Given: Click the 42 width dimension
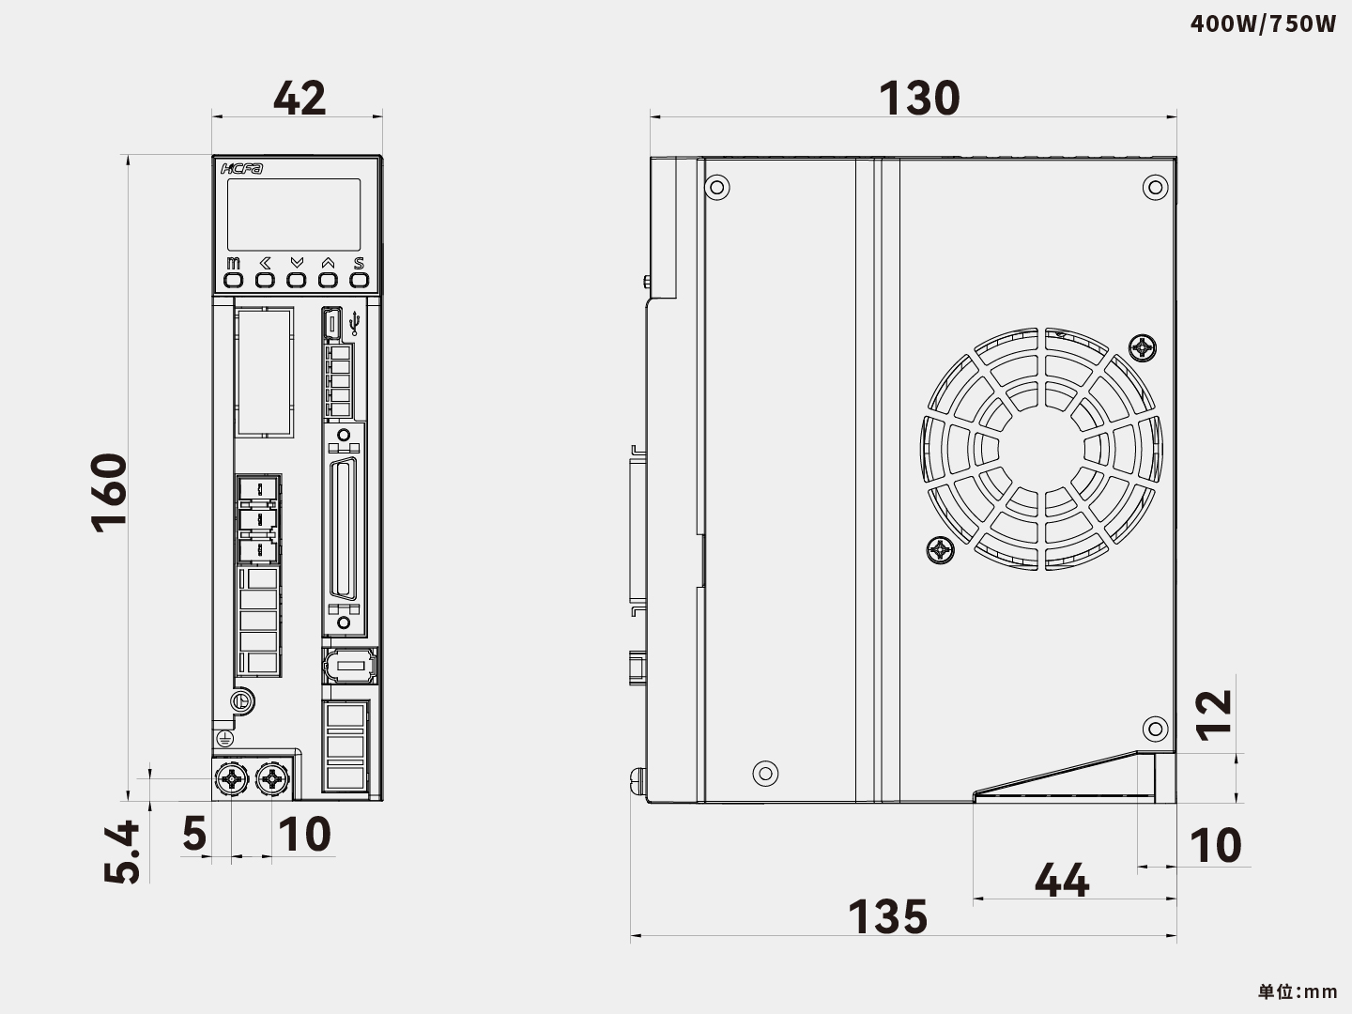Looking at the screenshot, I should pyautogui.click(x=300, y=98).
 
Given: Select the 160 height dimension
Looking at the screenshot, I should pyautogui.click(x=109, y=492).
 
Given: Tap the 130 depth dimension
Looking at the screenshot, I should pyautogui.click(x=919, y=98).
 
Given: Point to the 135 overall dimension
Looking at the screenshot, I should pyautogui.click(x=887, y=916).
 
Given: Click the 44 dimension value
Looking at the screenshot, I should pyautogui.click(x=1062, y=881).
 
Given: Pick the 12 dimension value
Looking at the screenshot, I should pyautogui.click(x=1215, y=714).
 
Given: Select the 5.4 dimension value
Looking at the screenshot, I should pyautogui.click(x=123, y=852).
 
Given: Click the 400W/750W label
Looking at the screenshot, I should pyautogui.click(x=1263, y=23).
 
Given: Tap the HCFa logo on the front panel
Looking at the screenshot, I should pyautogui.click(x=242, y=169).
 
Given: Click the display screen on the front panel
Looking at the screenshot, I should pyautogui.click(x=294, y=215).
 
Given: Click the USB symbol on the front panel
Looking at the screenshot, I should pyautogui.click(x=354, y=324).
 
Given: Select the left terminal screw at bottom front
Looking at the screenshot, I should pyautogui.click(x=231, y=778).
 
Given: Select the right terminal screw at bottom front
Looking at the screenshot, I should pyautogui.click(x=272, y=778).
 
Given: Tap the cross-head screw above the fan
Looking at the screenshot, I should pyautogui.click(x=1143, y=349).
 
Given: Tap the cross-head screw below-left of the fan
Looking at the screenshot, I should pyautogui.click(x=940, y=550).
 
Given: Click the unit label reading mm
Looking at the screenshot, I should pyautogui.click(x=1298, y=991).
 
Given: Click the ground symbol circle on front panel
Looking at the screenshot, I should pyautogui.click(x=241, y=700).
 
